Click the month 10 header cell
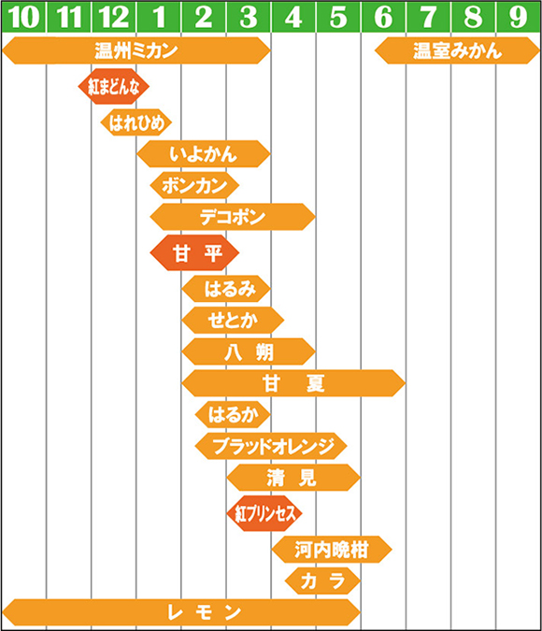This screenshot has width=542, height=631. [x=23, y=17]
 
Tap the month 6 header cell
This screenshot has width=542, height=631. [x=383, y=17]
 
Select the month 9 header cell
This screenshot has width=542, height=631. [x=519, y=17]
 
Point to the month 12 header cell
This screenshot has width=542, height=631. [x=114, y=17]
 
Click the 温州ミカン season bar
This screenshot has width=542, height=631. [x=136, y=50]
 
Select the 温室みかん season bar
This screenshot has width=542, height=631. [x=457, y=50]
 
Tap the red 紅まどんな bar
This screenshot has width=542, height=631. [x=113, y=86]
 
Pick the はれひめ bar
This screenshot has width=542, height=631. [x=136, y=122]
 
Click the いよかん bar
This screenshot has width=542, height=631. [x=203, y=153]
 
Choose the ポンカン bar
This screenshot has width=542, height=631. [x=194, y=185]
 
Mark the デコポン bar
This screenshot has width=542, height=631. [x=233, y=217]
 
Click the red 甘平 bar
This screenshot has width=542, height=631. [x=194, y=252]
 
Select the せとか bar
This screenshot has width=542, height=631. [x=233, y=321]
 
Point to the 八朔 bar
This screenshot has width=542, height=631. [x=249, y=351]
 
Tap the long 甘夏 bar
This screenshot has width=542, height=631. [x=293, y=383]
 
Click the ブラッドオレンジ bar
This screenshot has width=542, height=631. [x=271, y=446]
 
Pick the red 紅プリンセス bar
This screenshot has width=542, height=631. [x=264, y=513]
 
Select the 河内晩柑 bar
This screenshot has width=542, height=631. [x=332, y=550]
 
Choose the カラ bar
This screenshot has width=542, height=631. [x=322, y=581]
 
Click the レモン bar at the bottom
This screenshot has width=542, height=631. [x=181, y=612]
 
